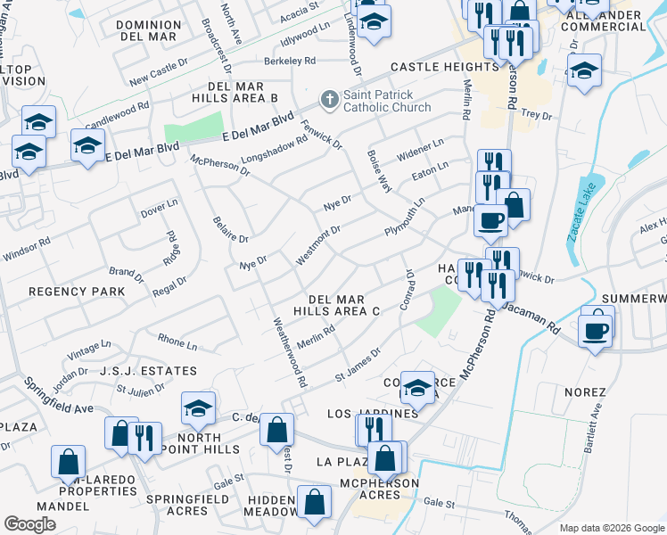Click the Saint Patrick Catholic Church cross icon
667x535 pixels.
tap(329, 98)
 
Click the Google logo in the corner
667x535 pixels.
tap(29, 523)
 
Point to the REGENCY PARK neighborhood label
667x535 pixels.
tap(77, 292)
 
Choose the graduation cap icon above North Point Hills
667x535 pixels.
tap(198, 409)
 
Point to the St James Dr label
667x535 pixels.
tap(358, 366)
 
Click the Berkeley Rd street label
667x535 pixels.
tap(290, 62)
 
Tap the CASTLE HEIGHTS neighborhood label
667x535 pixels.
tap(444, 67)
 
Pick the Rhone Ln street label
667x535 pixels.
tap(177, 342)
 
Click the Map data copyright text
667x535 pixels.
tap(610, 528)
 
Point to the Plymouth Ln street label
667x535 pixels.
tap(405, 216)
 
